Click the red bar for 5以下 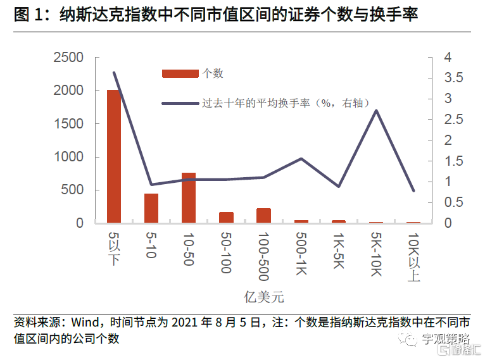point(114,156)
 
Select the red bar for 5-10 point(151,208)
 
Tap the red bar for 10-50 point(189,197)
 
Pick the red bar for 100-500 point(263,215)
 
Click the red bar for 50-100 point(226,217)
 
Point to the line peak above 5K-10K point(376,111)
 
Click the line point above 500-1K point(301,158)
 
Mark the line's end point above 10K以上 point(413,190)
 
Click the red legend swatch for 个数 point(180,73)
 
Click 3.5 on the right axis point(454,78)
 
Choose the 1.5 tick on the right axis point(454,161)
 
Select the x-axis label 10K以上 point(414,257)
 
